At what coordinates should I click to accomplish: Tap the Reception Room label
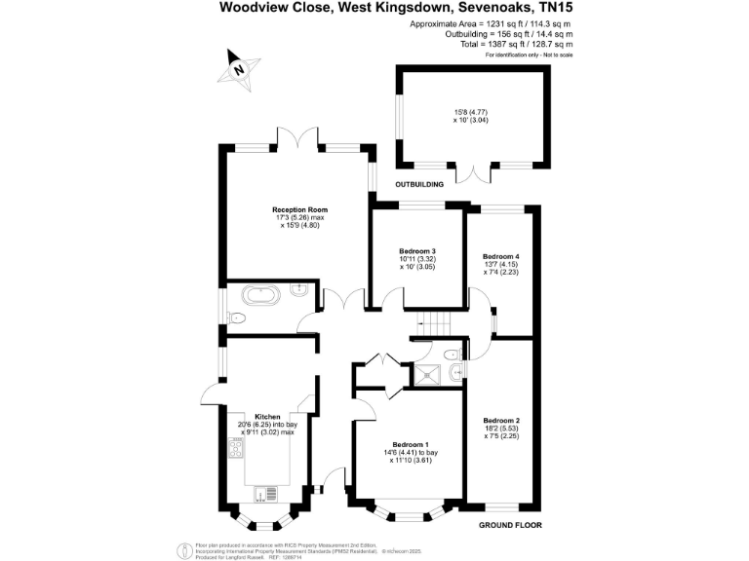(299, 209)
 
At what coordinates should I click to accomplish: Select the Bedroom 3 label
(417, 251)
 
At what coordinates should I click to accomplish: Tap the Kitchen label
(267, 413)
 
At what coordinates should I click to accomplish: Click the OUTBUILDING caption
(418, 184)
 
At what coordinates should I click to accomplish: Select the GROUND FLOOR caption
(510, 525)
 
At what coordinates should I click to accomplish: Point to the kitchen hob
(235, 448)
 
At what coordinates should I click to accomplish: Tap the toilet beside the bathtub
(237, 317)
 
